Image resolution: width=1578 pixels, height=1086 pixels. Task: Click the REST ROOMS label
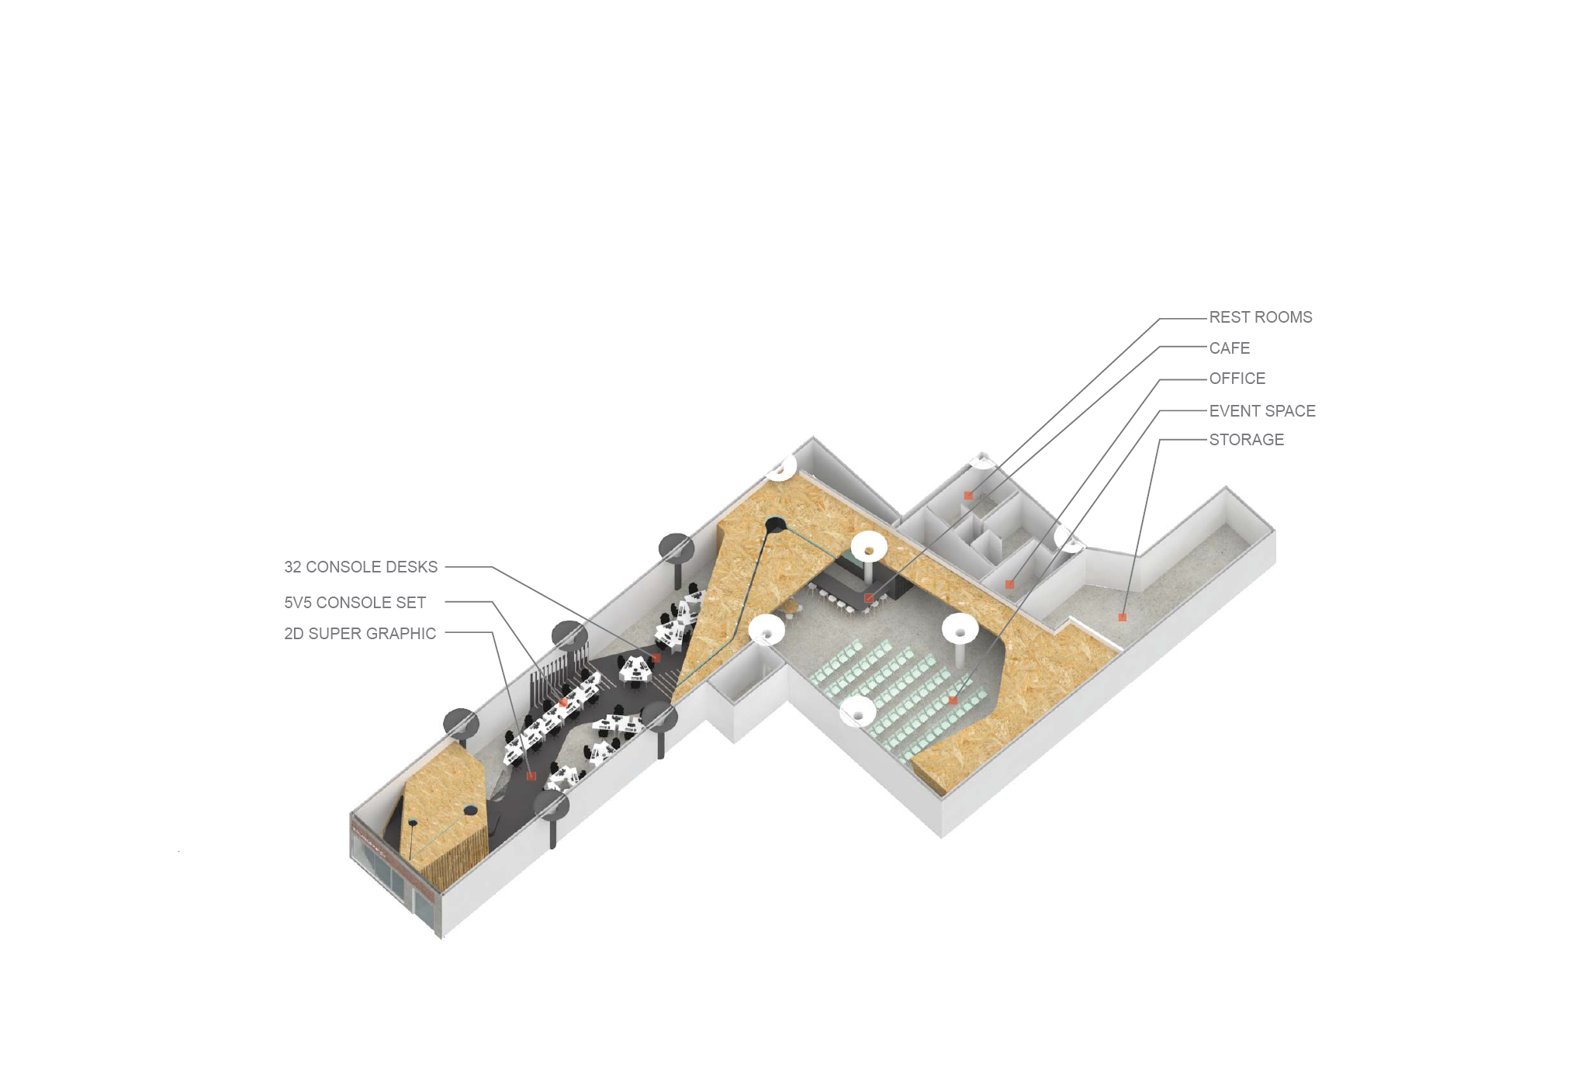[1260, 317]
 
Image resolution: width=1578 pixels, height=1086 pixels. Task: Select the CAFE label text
[1229, 348]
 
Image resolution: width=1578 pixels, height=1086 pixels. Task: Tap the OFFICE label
[1237, 379]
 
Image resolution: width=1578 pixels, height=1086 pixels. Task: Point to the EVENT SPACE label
[1262, 411]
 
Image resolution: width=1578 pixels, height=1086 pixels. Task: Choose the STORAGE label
[1246, 440]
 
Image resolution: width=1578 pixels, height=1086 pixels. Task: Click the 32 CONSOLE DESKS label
[361, 567]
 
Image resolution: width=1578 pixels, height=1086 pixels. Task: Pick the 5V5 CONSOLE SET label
[355, 603]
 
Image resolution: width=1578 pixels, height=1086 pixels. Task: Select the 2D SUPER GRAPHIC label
[360, 634]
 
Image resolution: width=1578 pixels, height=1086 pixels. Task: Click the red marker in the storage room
[1122, 617]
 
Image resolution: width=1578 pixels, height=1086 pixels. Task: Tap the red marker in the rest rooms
[968, 496]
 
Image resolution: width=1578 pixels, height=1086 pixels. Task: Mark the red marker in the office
[1009, 584]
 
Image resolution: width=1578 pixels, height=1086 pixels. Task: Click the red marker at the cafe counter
[869, 598]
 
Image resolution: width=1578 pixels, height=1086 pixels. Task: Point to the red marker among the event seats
[953, 701]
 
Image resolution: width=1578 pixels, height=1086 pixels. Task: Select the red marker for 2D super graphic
[531, 776]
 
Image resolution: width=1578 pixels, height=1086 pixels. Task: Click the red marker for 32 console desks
[656, 658]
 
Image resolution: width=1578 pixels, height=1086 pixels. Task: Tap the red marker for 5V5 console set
[564, 703]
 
